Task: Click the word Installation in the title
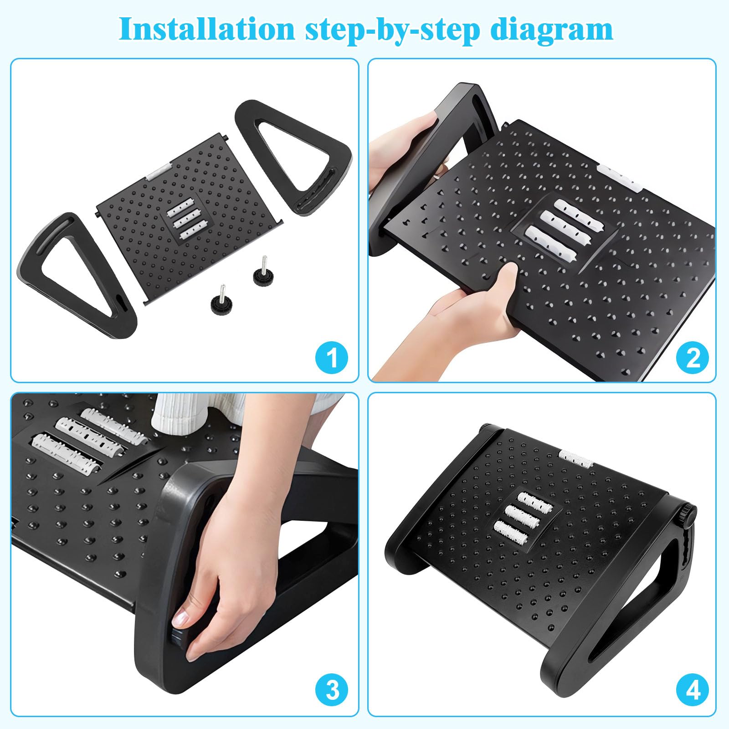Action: tap(207, 29)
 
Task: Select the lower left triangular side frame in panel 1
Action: tap(41, 260)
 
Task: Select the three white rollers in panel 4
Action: tap(524, 515)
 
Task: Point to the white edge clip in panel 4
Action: tap(575, 457)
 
